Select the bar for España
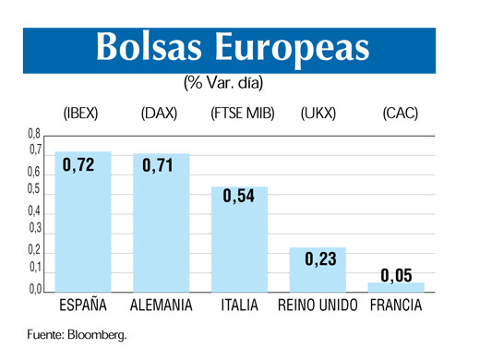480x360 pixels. [83, 222]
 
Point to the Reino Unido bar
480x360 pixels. [318, 270]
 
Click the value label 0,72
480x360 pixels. [80, 165]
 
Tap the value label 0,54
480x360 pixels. [239, 197]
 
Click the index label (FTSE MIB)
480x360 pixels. [239, 114]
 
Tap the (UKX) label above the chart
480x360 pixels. [318, 114]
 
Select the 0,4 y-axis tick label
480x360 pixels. [34, 211]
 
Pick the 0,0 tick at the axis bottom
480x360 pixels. [34, 289]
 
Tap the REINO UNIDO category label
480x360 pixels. [317, 306]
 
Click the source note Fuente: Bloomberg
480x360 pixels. [76, 334]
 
